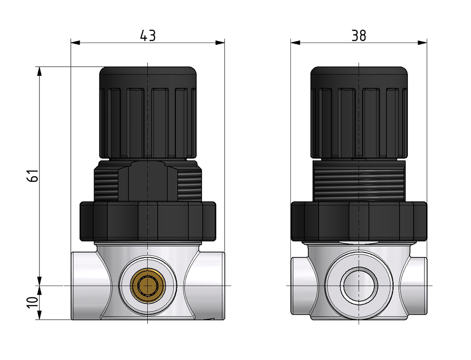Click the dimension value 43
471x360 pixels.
[148, 35]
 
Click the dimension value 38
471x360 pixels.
[359, 35]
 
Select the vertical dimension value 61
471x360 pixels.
[33, 175]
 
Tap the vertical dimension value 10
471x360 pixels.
[33, 302]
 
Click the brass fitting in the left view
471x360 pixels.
[148, 285]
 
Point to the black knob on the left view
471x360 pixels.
[148, 113]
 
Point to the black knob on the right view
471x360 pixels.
[359, 113]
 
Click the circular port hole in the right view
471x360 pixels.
[359, 285]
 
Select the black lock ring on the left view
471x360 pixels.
[148, 221]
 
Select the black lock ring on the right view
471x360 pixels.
[359, 221]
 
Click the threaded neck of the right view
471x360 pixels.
[359, 181]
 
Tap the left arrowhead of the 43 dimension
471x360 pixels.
[75, 43]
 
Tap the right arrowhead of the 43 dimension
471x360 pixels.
[220, 43]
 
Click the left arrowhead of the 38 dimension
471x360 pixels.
[295, 43]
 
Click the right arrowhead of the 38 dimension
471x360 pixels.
[422, 43]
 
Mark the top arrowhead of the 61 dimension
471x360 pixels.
[39, 71]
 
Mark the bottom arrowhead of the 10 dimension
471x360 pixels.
[39, 315]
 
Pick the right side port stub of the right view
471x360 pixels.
[416, 286]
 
